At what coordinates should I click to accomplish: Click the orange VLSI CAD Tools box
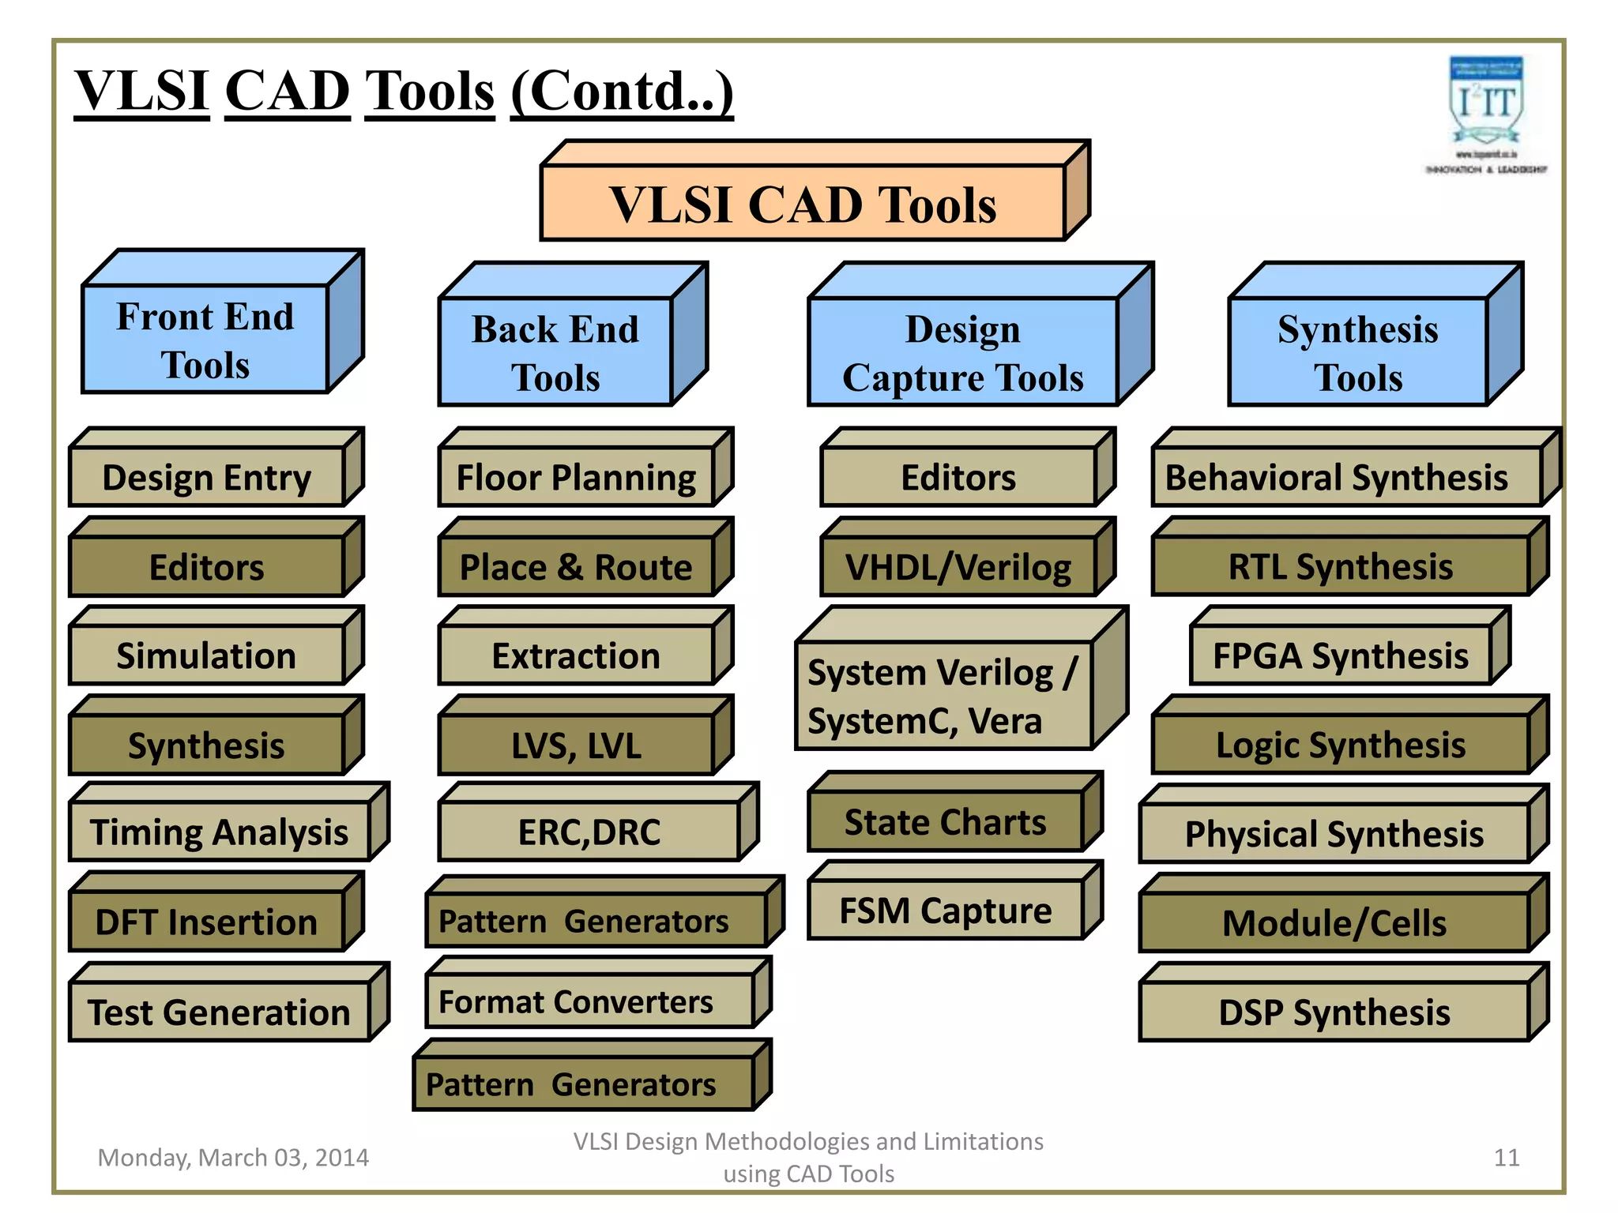[803, 204]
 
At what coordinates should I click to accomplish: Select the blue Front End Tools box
[205, 340]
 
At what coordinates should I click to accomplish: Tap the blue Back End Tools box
[555, 352]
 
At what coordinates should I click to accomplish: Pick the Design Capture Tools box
[962, 352]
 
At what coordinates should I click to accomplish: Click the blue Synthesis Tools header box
[1357, 352]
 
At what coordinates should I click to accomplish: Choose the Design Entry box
[207, 478]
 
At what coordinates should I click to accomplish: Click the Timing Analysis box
[219, 832]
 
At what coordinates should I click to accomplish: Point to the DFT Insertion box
[207, 922]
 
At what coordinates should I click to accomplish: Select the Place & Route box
[576, 567]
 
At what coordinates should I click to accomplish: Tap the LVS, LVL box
[576, 745]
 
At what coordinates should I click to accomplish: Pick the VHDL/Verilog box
[958, 567]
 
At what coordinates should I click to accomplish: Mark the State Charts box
[945, 822]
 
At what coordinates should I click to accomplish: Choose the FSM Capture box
[945, 911]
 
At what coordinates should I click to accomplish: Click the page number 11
[1506, 1158]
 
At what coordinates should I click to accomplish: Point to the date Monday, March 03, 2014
[233, 1158]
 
